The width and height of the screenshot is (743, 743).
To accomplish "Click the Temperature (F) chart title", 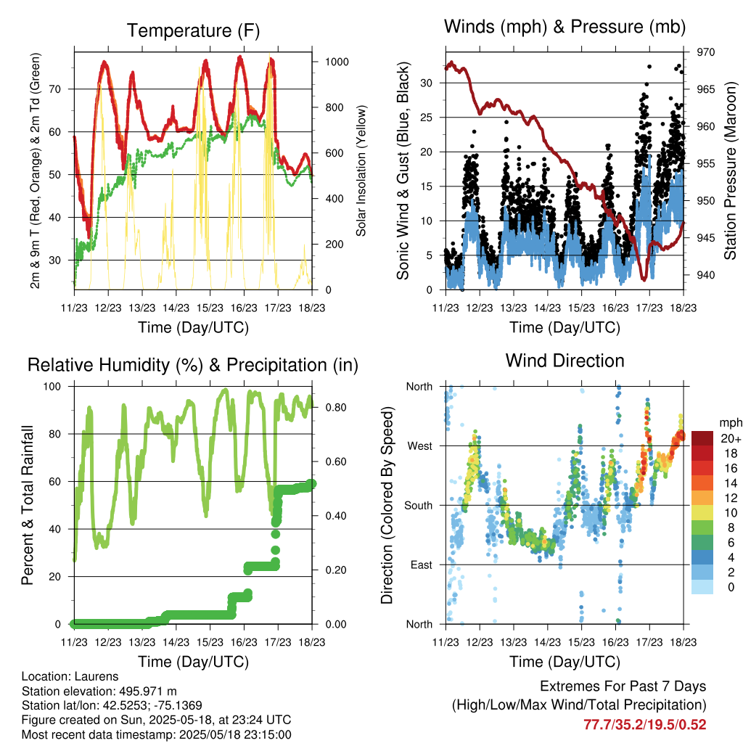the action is click(x=193, y=30).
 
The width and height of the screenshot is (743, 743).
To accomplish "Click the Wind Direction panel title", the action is click(x=565, y=361).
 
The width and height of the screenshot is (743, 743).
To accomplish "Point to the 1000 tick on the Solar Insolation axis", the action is click(x=337, y=62).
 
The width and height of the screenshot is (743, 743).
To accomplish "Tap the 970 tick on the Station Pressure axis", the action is click(x=705, y=52).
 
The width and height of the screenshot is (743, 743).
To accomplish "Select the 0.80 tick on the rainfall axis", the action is click(x=336, y=408).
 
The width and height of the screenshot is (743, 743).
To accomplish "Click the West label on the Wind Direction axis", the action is click(x=420, y=446).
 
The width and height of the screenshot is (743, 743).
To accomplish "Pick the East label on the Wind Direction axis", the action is click(x=422, y=565).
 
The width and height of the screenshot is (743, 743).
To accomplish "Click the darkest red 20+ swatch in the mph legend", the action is click(x=702, y=438).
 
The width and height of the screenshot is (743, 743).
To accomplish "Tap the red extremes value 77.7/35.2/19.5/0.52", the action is click(x=644, y=725).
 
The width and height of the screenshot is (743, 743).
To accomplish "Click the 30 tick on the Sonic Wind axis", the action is click(x=426, y=83).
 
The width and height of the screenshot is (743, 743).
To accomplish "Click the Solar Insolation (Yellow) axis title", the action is click(x=361, y=171).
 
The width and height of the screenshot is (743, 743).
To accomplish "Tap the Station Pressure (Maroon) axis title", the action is click(x=730, y=171).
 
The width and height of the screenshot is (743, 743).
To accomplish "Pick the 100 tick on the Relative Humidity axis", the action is click(x=52, y=386).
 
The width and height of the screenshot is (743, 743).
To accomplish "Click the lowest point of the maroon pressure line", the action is click(x=644, y=280).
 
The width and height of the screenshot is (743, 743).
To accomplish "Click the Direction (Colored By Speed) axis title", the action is click(x=387, y=505).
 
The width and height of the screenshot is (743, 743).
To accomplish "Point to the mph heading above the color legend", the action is click(x=731, y=423).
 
